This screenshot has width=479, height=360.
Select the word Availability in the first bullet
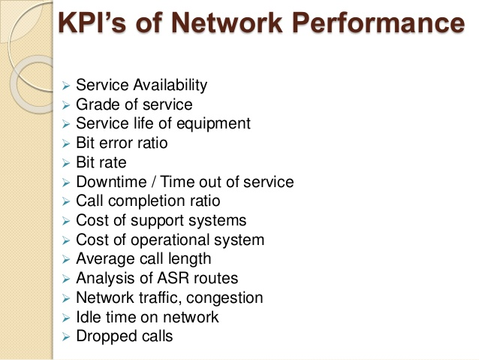[x=170, y=85]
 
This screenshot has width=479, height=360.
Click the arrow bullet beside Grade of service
[x=65, y=105]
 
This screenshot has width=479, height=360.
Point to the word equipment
[x=213, y=124]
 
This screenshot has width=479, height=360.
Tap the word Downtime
[x=112, y=182]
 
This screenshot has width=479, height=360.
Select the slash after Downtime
[x=153, y=182]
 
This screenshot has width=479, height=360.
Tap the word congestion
[x=224, y=298]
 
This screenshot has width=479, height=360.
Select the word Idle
[x=89, y=317]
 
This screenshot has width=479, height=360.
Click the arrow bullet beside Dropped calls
[x=65, y=337]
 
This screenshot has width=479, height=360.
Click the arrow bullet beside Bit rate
[x=65, y=163]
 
